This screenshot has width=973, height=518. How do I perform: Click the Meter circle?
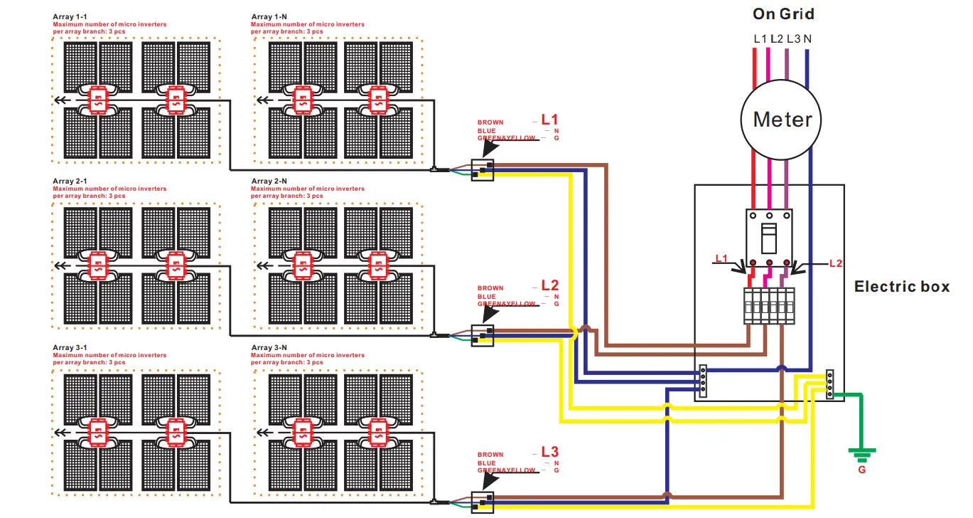pyautogui.click(x=782, y=119)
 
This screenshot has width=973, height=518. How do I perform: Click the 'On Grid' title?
pyautogui.click(x=783, y=14)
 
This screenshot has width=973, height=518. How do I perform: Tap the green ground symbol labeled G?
pyautogui.click(x=861, y=453)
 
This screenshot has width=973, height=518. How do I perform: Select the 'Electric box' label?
pyautogui.click(x=901, y=287)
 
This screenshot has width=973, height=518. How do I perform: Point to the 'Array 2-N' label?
pyautogui.click(x=269, y=181)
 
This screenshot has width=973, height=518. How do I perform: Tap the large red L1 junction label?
pyautogui.click(x=550, y=119)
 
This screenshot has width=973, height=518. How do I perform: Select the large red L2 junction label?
pyautogui.click(x=550, y=285)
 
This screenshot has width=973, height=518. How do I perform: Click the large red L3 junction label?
pyautogui.click(x=550, y=451)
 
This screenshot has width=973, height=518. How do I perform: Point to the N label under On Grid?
pyautogui.click(x=807, y=38)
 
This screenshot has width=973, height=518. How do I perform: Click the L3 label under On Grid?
pyautogui.click(x=792, y=38)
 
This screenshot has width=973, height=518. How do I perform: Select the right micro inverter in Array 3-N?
pyautogui.click(x=377, y=431)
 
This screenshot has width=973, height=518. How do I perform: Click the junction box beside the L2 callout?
pyautogui.click(x=483, y=335)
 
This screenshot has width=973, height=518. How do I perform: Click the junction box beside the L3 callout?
pyautogui.click(x=483, y=502)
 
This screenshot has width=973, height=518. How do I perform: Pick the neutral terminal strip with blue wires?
pyautogui.click(x=702, y=379)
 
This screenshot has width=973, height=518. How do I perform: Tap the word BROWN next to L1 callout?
pyautogui.click(x=490, y=122)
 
